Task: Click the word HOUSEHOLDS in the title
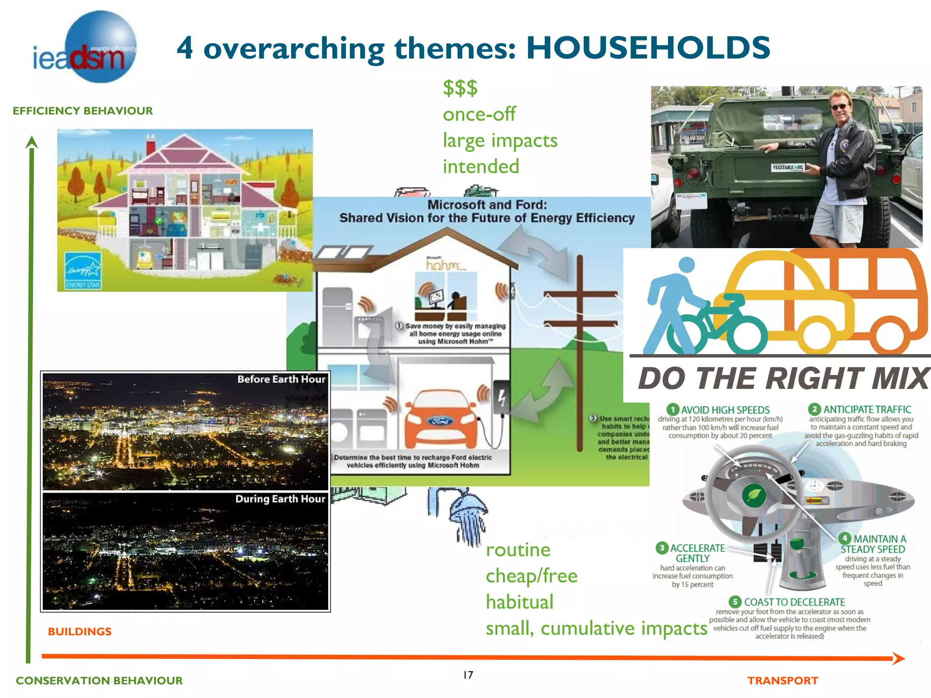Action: coord(648,48)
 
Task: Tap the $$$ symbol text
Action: coord(460,88)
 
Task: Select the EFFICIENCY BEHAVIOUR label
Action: coord(83,111)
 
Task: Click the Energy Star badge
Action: coord(83,271)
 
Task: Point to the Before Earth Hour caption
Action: coord(281,379)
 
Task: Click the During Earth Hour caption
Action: coord(280,499)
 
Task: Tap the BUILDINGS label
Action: coord(80,632)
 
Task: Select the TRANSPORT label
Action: coord(782,681)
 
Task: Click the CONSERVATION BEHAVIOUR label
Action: coord(99,681)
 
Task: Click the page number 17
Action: coord(468,675)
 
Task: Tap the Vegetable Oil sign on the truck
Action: coord(788,167)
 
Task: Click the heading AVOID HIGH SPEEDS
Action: coord(725,410)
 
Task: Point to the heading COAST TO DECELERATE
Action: coord(794,602)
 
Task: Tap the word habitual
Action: coord(520,602)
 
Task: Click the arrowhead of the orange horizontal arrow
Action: coord(898,658)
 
